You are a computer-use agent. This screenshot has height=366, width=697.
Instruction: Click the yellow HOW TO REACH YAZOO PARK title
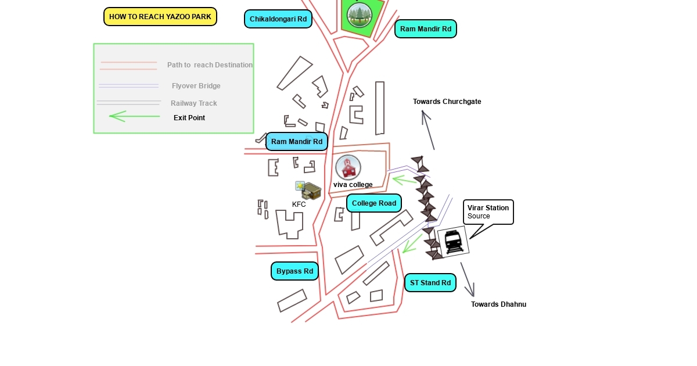tap(160, 17)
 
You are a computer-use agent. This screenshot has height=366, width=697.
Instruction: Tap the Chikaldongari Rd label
tap(278, 19)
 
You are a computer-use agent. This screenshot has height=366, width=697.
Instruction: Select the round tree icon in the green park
tap(359, 14)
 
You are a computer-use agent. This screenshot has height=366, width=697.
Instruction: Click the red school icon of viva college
tap(348, 167)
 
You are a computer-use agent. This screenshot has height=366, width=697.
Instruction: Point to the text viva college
tap(353, 185)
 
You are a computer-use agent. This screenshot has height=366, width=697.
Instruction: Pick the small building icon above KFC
tap(309, 191)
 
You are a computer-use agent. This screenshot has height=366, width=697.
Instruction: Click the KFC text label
tap(299, 204)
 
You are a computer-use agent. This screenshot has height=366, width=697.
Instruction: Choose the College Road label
tap(374, 203)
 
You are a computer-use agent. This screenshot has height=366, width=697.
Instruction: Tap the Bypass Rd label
tap(294, 271)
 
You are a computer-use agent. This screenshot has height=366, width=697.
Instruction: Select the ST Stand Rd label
tap(430, 283)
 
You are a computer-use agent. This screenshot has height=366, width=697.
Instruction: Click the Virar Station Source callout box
tap(488, 212)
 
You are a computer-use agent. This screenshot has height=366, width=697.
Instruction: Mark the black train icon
tap(453, 241)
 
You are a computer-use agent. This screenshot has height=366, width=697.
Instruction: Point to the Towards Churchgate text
tap(447, 102)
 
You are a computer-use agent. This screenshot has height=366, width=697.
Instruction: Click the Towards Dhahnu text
tap(498, 304)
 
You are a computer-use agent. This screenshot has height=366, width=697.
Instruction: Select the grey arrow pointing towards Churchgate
tap(429, 130)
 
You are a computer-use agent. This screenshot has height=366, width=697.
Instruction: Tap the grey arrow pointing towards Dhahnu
tap(468, 279)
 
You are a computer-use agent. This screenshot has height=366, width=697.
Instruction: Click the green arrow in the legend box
tap(134, 116)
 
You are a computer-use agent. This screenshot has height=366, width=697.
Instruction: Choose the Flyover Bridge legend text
tap(196, 86)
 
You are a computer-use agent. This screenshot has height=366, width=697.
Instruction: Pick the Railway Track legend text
tap(194, 103)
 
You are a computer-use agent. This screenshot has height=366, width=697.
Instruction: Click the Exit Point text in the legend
tap(189, 118)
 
